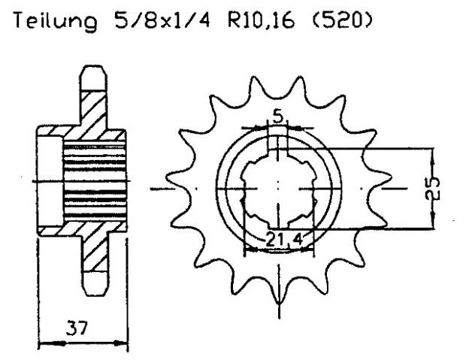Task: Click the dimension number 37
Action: click(x=74, y=328)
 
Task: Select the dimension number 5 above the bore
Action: click(x=278, y=118)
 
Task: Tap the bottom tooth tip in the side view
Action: click(x=94, y=289)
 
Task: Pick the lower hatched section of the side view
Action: click(x=94, y=252)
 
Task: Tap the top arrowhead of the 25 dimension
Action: click(x=432, y=151)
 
